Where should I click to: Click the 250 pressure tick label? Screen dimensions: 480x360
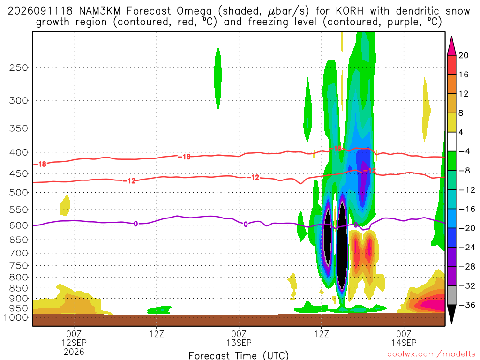(18, 67)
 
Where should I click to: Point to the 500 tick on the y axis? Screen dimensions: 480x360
(18, 193)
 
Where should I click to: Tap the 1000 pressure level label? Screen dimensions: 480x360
(16, 317)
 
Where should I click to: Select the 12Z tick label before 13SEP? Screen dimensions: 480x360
(157, 334)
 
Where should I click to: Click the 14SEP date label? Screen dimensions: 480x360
(404, 343)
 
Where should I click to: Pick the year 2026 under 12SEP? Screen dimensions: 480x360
(74, 352)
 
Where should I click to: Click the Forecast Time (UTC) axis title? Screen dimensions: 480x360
(239, 355)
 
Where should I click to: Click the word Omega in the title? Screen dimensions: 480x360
(194, 11)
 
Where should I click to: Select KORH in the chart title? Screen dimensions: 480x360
(350, 11)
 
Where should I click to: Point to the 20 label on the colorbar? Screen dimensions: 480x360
(463, 55)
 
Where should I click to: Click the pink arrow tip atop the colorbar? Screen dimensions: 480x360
(451, 37)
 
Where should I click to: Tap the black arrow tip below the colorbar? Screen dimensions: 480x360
(451, 323)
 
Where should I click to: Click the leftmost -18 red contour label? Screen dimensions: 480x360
(40, 164)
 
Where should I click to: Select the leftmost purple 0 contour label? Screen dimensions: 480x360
(135, 224)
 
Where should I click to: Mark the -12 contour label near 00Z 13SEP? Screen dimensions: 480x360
(253, 178)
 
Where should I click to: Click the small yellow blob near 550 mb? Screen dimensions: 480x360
(65, 205)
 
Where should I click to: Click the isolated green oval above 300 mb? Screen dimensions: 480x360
(217, 79)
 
